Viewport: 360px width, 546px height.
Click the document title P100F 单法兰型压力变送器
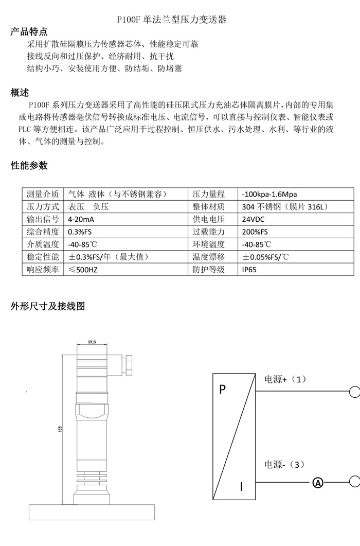(x=172, y=20)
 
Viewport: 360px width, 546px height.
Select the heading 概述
(x=20, y=93)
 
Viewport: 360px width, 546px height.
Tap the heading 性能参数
(x=29, y=165)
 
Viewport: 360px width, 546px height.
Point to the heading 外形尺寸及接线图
(x=48, y=306)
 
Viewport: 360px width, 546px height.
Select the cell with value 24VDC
(x=253, y=219)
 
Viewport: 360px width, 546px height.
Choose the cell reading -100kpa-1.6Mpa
(x=269, y=194)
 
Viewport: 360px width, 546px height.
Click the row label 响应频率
(x=43, y=270)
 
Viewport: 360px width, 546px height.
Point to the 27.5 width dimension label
(x=93, y=342)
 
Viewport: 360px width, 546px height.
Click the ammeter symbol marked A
(x=318, y=483)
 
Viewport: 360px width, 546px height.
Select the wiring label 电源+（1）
(x=285, y=379)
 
